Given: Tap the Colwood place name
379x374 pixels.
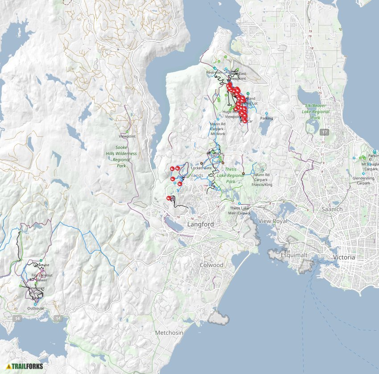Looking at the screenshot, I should (211, 265).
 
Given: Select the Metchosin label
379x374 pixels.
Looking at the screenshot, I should (169, 333).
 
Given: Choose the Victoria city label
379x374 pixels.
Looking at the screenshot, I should (344, 257).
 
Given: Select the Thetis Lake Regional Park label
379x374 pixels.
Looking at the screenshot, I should (231, 175).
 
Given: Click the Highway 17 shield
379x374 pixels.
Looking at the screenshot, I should (324, 132).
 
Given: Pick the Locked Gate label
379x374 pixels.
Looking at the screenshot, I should (201, 168).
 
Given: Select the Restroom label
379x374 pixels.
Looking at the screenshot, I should (214, 73).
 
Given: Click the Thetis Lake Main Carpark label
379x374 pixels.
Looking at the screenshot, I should (240, 210).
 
